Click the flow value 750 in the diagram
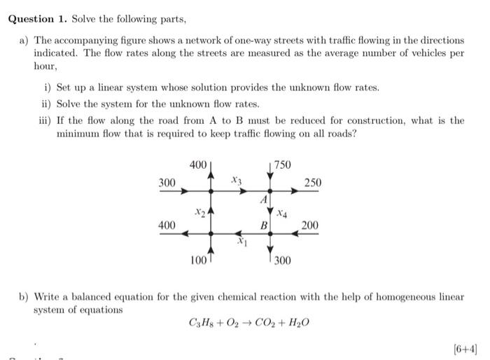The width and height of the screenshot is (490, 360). click(x=283, y=165)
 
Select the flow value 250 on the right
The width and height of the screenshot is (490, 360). click(x=313, y=183)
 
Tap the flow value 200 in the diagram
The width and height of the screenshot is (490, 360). click(x=310, y=225)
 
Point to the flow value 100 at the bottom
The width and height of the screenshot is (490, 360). click(x=199, y=261)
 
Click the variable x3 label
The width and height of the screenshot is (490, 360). click(x=237, y=181)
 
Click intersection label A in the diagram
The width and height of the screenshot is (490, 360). click(x=264, y=200)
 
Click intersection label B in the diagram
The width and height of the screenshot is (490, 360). click(x=263, y=226)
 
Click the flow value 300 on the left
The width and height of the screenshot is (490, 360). click(x=167, y=183)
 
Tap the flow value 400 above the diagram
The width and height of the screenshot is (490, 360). click(x=198, y=165)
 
